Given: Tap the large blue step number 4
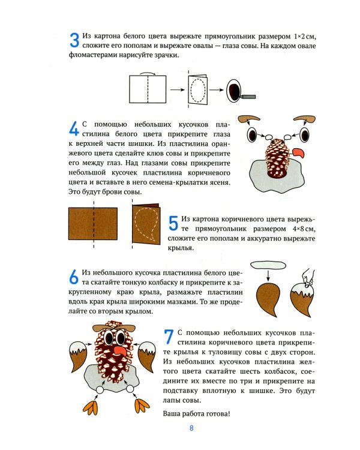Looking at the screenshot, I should tap(74, 130).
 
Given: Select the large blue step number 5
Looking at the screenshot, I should tap(173, 223).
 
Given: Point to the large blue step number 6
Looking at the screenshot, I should tap(74, 277).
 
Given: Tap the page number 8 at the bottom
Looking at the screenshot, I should tap(191, 428).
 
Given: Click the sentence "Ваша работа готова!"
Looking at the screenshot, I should tap(196, 414).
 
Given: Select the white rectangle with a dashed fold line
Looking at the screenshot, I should tap(146, 89).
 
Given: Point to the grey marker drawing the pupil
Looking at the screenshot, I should tap(247, 95).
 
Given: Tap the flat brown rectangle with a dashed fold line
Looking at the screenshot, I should tap(94, 226).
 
